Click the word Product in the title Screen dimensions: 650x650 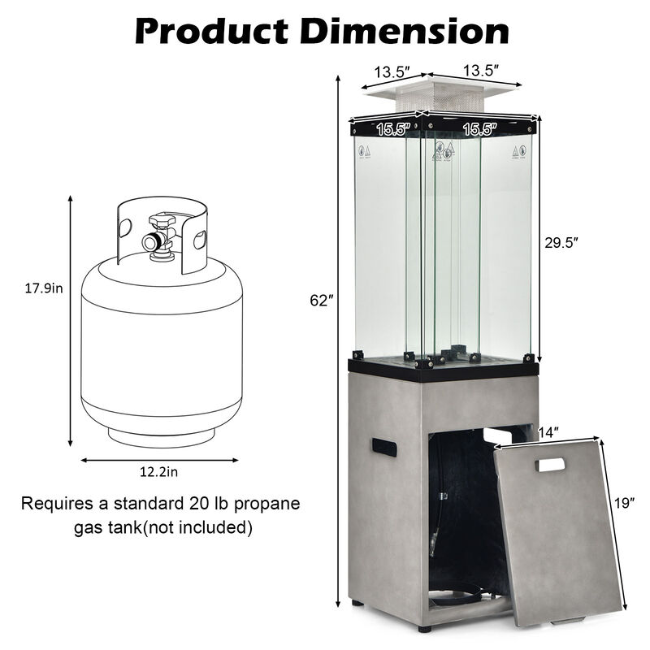point(210,30)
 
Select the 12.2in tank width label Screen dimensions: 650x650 point(159,471)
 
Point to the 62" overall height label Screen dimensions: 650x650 point(322,301)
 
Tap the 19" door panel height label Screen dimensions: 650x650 point(626,504)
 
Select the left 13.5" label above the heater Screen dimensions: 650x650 point(391,71)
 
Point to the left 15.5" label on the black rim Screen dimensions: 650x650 point(392,128)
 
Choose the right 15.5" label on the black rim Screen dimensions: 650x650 point(479,128)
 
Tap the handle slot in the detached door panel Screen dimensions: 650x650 point(550,465)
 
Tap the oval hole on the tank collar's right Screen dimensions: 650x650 point(200,239)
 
